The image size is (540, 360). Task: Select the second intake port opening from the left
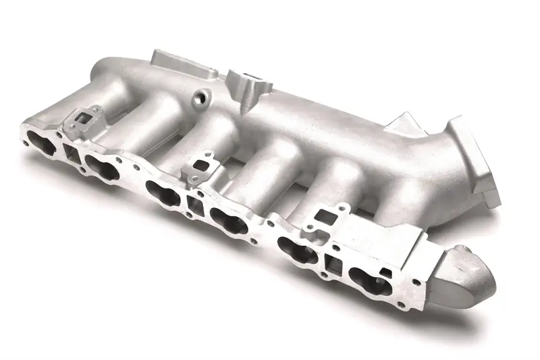[x=102, y=161]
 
